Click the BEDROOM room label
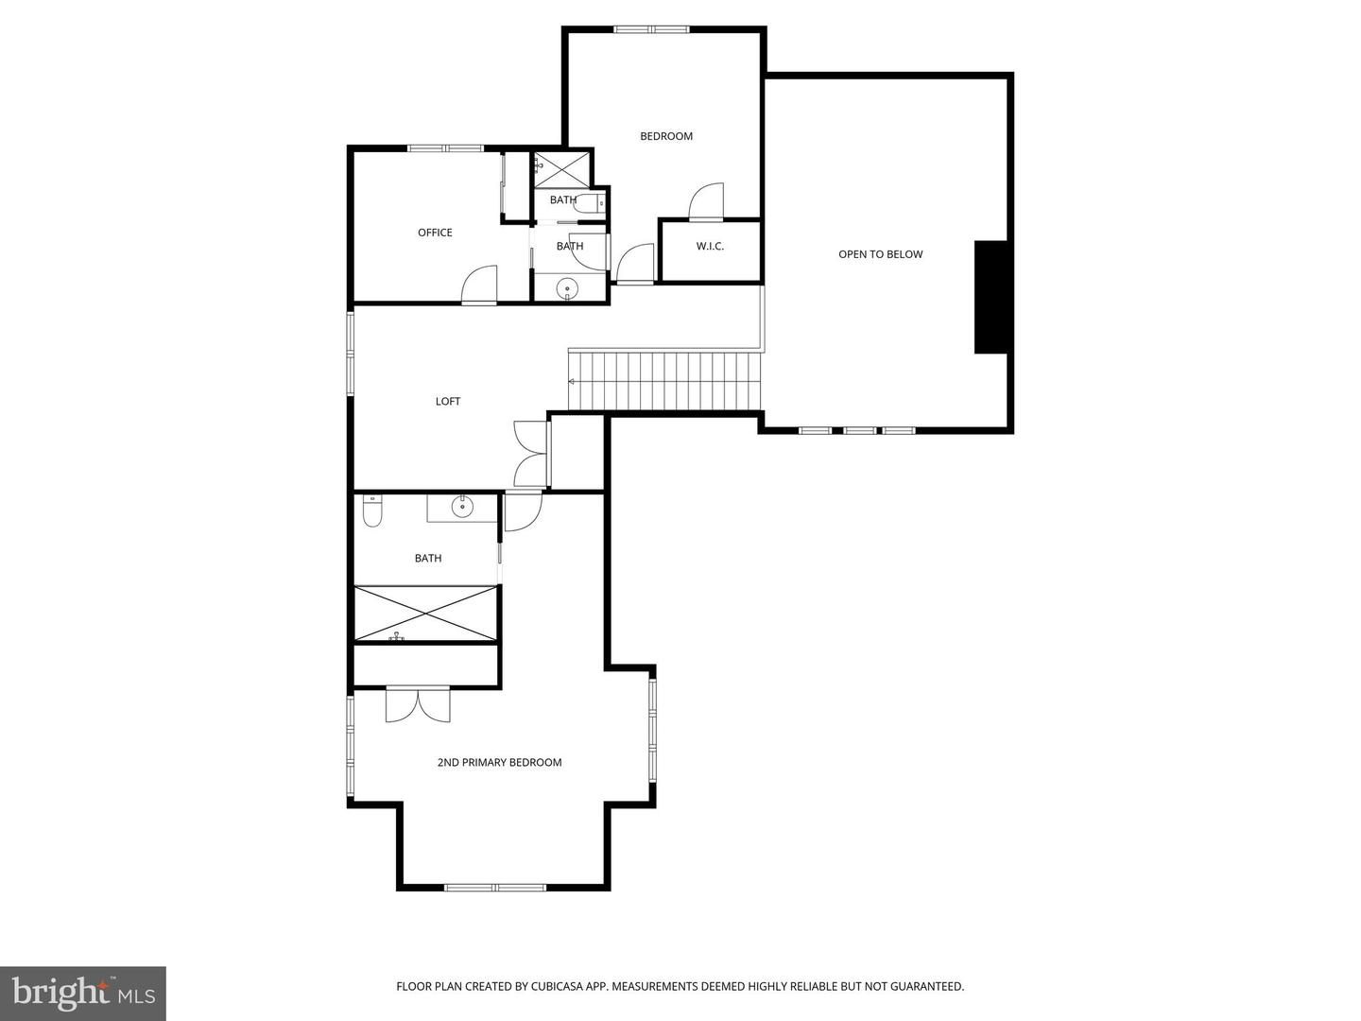666,136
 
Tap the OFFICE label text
435,233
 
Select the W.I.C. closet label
710,247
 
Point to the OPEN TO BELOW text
880,254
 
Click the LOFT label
448,402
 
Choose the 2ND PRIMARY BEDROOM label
499,763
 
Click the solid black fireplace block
991,297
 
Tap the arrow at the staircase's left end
572,381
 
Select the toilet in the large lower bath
372,511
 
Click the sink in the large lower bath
461,508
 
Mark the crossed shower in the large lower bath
426,614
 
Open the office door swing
479,285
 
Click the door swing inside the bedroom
706,200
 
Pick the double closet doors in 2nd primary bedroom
418,704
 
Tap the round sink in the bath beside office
568,287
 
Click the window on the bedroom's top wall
651,29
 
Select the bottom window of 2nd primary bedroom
495,887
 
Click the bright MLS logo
82,993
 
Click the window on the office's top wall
445,148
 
